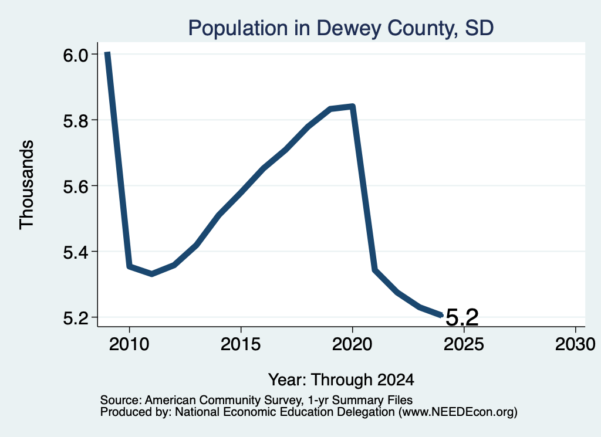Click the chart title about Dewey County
[x=341, y=28]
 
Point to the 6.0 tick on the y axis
[x=79, y=55]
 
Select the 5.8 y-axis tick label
[x=79, y=121]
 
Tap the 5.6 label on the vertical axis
[x=79, y=187]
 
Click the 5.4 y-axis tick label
[x=79, y=252]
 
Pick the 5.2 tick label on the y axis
[x=79, y=319]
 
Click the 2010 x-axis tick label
[x=129, y=344]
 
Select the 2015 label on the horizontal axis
[x=241, y=344]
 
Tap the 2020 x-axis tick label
[x=352, y=344]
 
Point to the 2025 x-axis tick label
[x=464, y=344]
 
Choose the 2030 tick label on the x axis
[x=575, y=344]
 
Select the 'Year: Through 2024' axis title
[x=341, y=380]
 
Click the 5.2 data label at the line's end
[x=462, y=317]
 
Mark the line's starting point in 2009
[x=107, y=53]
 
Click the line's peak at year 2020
[x=353, y=106]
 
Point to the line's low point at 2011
[x=152, y=274]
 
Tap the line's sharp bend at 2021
[x=375, y=270]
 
